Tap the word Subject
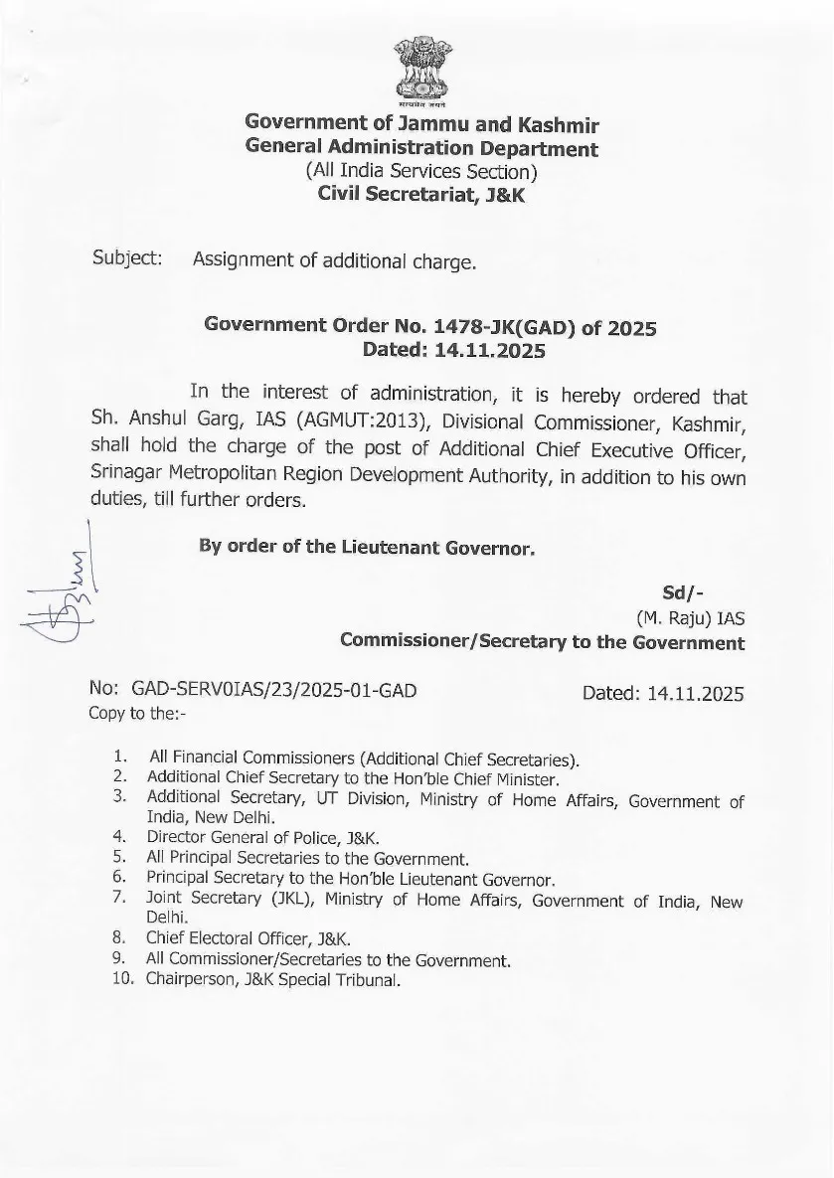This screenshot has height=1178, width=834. coord(127,258)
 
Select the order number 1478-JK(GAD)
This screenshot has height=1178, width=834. coord(488,326)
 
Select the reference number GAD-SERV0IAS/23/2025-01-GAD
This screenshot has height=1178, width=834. coord(265,689)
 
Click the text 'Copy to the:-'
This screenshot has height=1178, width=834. coord(136,712)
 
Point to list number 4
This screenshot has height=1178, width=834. coord(118,837)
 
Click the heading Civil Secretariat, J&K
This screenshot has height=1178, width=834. coord(421,194)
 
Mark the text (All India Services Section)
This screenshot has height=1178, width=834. coord(421,171)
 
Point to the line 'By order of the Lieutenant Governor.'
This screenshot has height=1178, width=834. coord(368,548)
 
